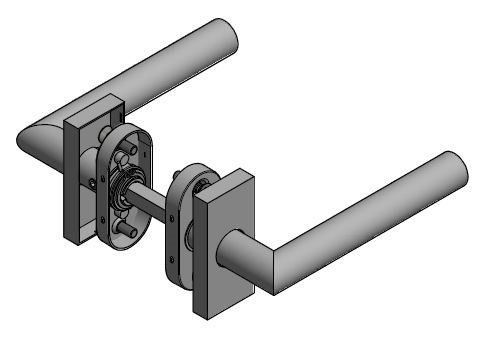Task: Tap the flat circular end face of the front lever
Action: [x=454, y=173]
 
